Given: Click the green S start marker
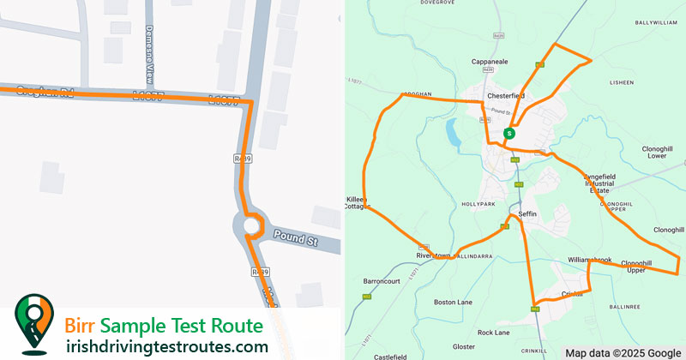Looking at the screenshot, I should click(x=509, y=134).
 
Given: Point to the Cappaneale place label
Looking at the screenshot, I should click(x=491, y=63).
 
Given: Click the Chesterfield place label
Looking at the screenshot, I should click(x=505, y=95).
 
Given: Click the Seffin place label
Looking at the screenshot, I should click(x=527, y=213).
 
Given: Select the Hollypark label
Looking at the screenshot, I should click(x=478, y=204).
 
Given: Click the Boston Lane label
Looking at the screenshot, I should click(x=454, y=302).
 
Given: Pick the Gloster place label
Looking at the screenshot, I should click(x=464, y=346).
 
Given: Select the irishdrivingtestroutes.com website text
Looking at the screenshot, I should click(x=167, y=346).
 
